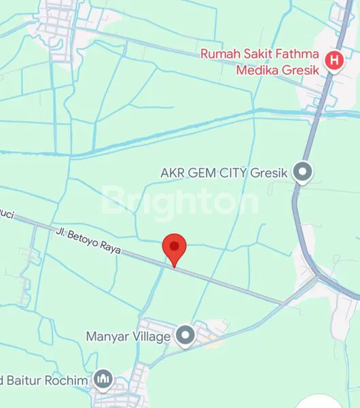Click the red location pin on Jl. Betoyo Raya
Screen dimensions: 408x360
(x=175, y=248)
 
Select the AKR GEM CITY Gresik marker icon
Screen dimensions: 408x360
(x=303, y=172)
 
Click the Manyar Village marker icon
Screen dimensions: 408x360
(x=185, y=335)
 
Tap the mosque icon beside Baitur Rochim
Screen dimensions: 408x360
(x=103, y=379)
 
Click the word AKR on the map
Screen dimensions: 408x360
(x=172, y=172)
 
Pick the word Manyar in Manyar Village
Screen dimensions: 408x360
(x=107, y=336)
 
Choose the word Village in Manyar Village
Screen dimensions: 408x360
(x=151, y=336)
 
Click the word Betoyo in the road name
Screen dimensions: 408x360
(x=80, y=239)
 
